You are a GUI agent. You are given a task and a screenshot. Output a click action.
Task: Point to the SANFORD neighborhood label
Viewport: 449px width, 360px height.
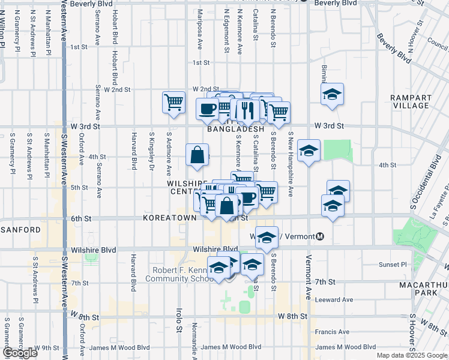tap(20, 230)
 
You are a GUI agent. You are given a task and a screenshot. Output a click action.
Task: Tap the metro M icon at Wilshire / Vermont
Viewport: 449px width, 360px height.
tap(321, 236)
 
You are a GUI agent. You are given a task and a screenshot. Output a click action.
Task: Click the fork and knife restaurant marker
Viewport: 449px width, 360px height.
tap(247, 110)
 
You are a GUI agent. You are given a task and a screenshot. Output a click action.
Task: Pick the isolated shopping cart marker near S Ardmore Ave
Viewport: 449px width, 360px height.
tap(173, 102)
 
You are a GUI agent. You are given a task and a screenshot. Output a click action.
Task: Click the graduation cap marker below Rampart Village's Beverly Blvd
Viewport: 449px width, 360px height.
tap(332, 94)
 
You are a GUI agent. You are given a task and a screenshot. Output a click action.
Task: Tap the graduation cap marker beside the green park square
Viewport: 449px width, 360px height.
tap(309, 151)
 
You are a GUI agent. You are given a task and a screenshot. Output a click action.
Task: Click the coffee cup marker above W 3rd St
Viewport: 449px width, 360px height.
tap(208, 109)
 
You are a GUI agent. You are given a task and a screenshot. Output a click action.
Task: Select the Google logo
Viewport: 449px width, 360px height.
tap(20, 353)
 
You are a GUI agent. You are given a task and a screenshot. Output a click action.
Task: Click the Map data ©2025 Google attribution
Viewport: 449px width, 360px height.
tap(411, 355)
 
